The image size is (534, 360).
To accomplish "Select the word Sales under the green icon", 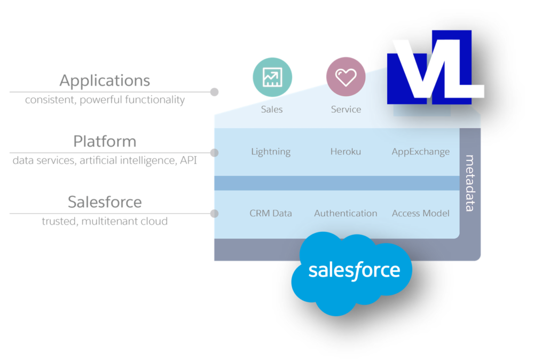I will pyautogui.click(x=272, y=109).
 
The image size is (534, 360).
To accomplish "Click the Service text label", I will pyautogui.click(x=346, y=109).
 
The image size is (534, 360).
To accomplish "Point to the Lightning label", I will pyautogui.click(x=271, y=152).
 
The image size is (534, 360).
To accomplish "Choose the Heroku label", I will pyautogui.click(x=345, y=152).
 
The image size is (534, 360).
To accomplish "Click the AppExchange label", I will pyautogui.click(x=421, y=152).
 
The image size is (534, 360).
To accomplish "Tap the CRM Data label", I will pyautogui.click(x=271, y=213).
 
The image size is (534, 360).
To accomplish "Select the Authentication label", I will pyautogui.click(x=345, y=213).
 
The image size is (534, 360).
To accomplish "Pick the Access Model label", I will pyautogui.click(x=421, y=213).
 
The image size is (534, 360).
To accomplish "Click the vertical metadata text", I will pyautogui.click(x=470, y=183).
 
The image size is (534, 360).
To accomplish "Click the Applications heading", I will pyautogui.click(x=105, y=81).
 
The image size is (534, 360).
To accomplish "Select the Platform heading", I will pyautogui.click(x=105, y=142).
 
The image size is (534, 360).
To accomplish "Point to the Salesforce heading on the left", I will pyautogui.click(x=105, y=202).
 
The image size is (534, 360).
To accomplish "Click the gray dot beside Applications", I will pyautogui.click(x=215, y=92).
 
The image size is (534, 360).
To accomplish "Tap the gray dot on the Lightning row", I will pyautogui.click(x=214, y=153).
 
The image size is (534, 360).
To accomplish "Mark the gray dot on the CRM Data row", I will pyautogui.click(x=214, y=214).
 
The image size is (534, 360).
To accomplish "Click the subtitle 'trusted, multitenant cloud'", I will pyautogui.click(x=105, y=221).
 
